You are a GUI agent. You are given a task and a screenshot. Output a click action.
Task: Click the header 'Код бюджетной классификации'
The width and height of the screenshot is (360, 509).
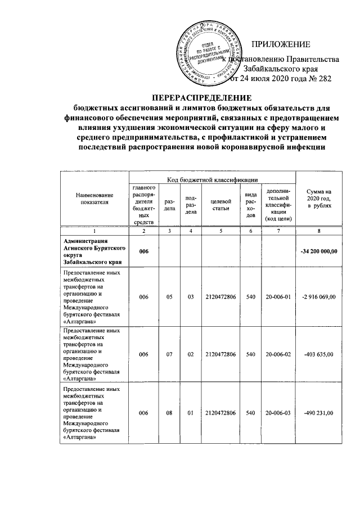point(212,180)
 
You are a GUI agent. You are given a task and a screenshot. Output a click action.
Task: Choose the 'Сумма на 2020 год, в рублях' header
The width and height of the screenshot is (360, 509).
point(319,198)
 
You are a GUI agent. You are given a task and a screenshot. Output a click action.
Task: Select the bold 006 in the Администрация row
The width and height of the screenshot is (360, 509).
point(145,251)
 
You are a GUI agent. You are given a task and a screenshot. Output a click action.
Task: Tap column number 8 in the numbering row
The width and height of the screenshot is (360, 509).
point(319,231)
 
